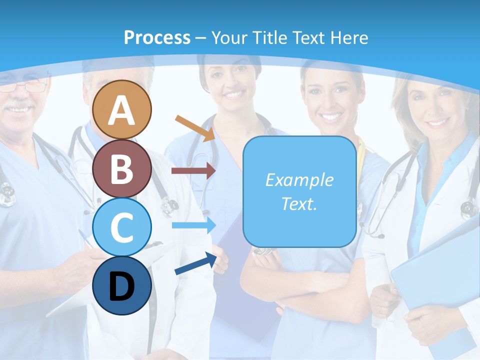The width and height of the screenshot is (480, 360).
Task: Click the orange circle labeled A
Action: pos(122,110)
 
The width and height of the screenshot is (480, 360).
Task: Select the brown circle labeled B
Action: pos(122,169)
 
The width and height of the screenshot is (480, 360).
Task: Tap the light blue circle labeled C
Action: pos(122,227)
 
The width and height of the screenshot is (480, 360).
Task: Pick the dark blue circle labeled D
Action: pos(122,286)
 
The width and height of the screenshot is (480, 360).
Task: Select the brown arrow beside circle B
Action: pos(193,171)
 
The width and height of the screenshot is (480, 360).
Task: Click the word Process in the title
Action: pos(157,37)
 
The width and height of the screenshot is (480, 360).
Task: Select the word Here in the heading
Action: pos(349,37)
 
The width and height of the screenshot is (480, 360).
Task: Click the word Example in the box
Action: pos(299,180)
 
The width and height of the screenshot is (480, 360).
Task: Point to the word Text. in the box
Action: pos(299,203)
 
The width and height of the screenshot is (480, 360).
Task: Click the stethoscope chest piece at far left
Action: pos(7,194)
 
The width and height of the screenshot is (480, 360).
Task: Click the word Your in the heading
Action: pos(229,37)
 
